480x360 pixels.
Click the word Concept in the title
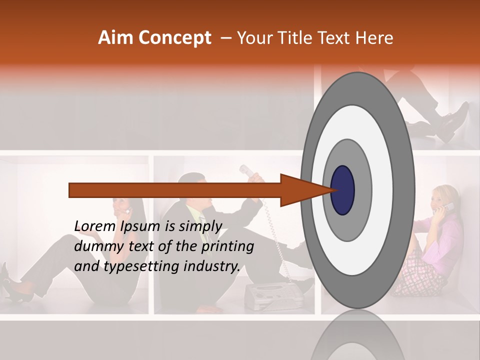tap(174, 38)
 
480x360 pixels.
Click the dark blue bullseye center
tap(342, 190)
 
